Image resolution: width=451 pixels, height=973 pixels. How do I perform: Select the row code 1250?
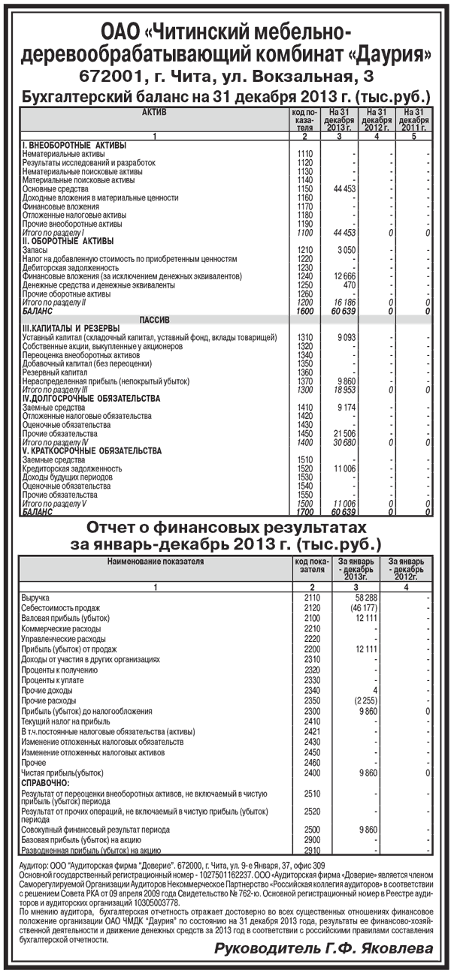pyautogui.click(x=304, y=286)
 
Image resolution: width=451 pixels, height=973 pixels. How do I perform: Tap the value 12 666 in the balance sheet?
pyautogui.click(x=344, y=277)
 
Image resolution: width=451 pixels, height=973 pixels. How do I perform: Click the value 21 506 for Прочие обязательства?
pyautogui.click(x=344, y=435)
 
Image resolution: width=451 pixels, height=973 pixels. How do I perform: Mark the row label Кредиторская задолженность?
pyautogui.click(x=71, y=468)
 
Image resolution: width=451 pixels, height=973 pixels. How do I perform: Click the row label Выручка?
pyautogui.click(x=35, y=597)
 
